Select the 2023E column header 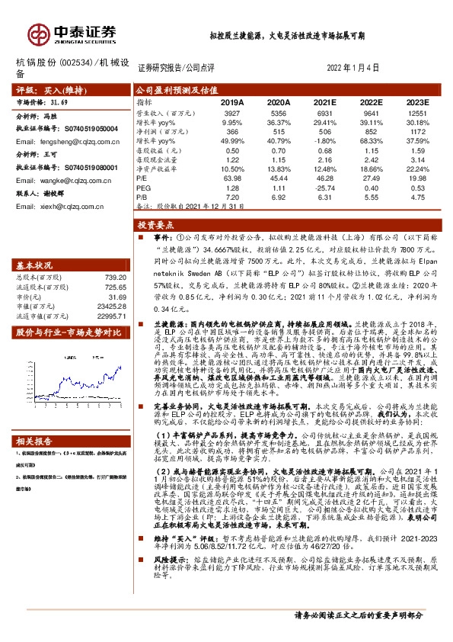(417, 101)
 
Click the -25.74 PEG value (324, 187)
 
